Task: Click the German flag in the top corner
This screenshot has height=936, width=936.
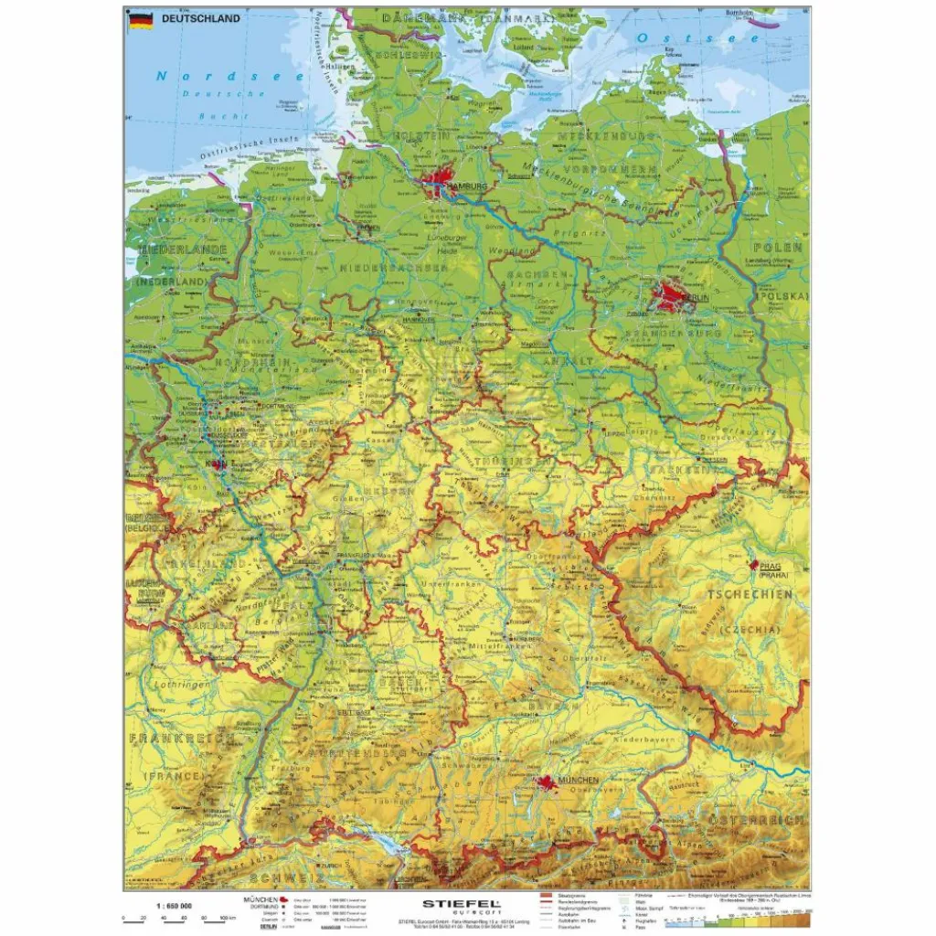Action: coord(140,20)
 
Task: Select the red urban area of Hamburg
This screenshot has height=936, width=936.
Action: coord(444,186)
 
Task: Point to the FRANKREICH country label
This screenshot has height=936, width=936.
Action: coord(166,737)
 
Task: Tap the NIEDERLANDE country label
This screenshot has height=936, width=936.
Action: coord(170,249)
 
